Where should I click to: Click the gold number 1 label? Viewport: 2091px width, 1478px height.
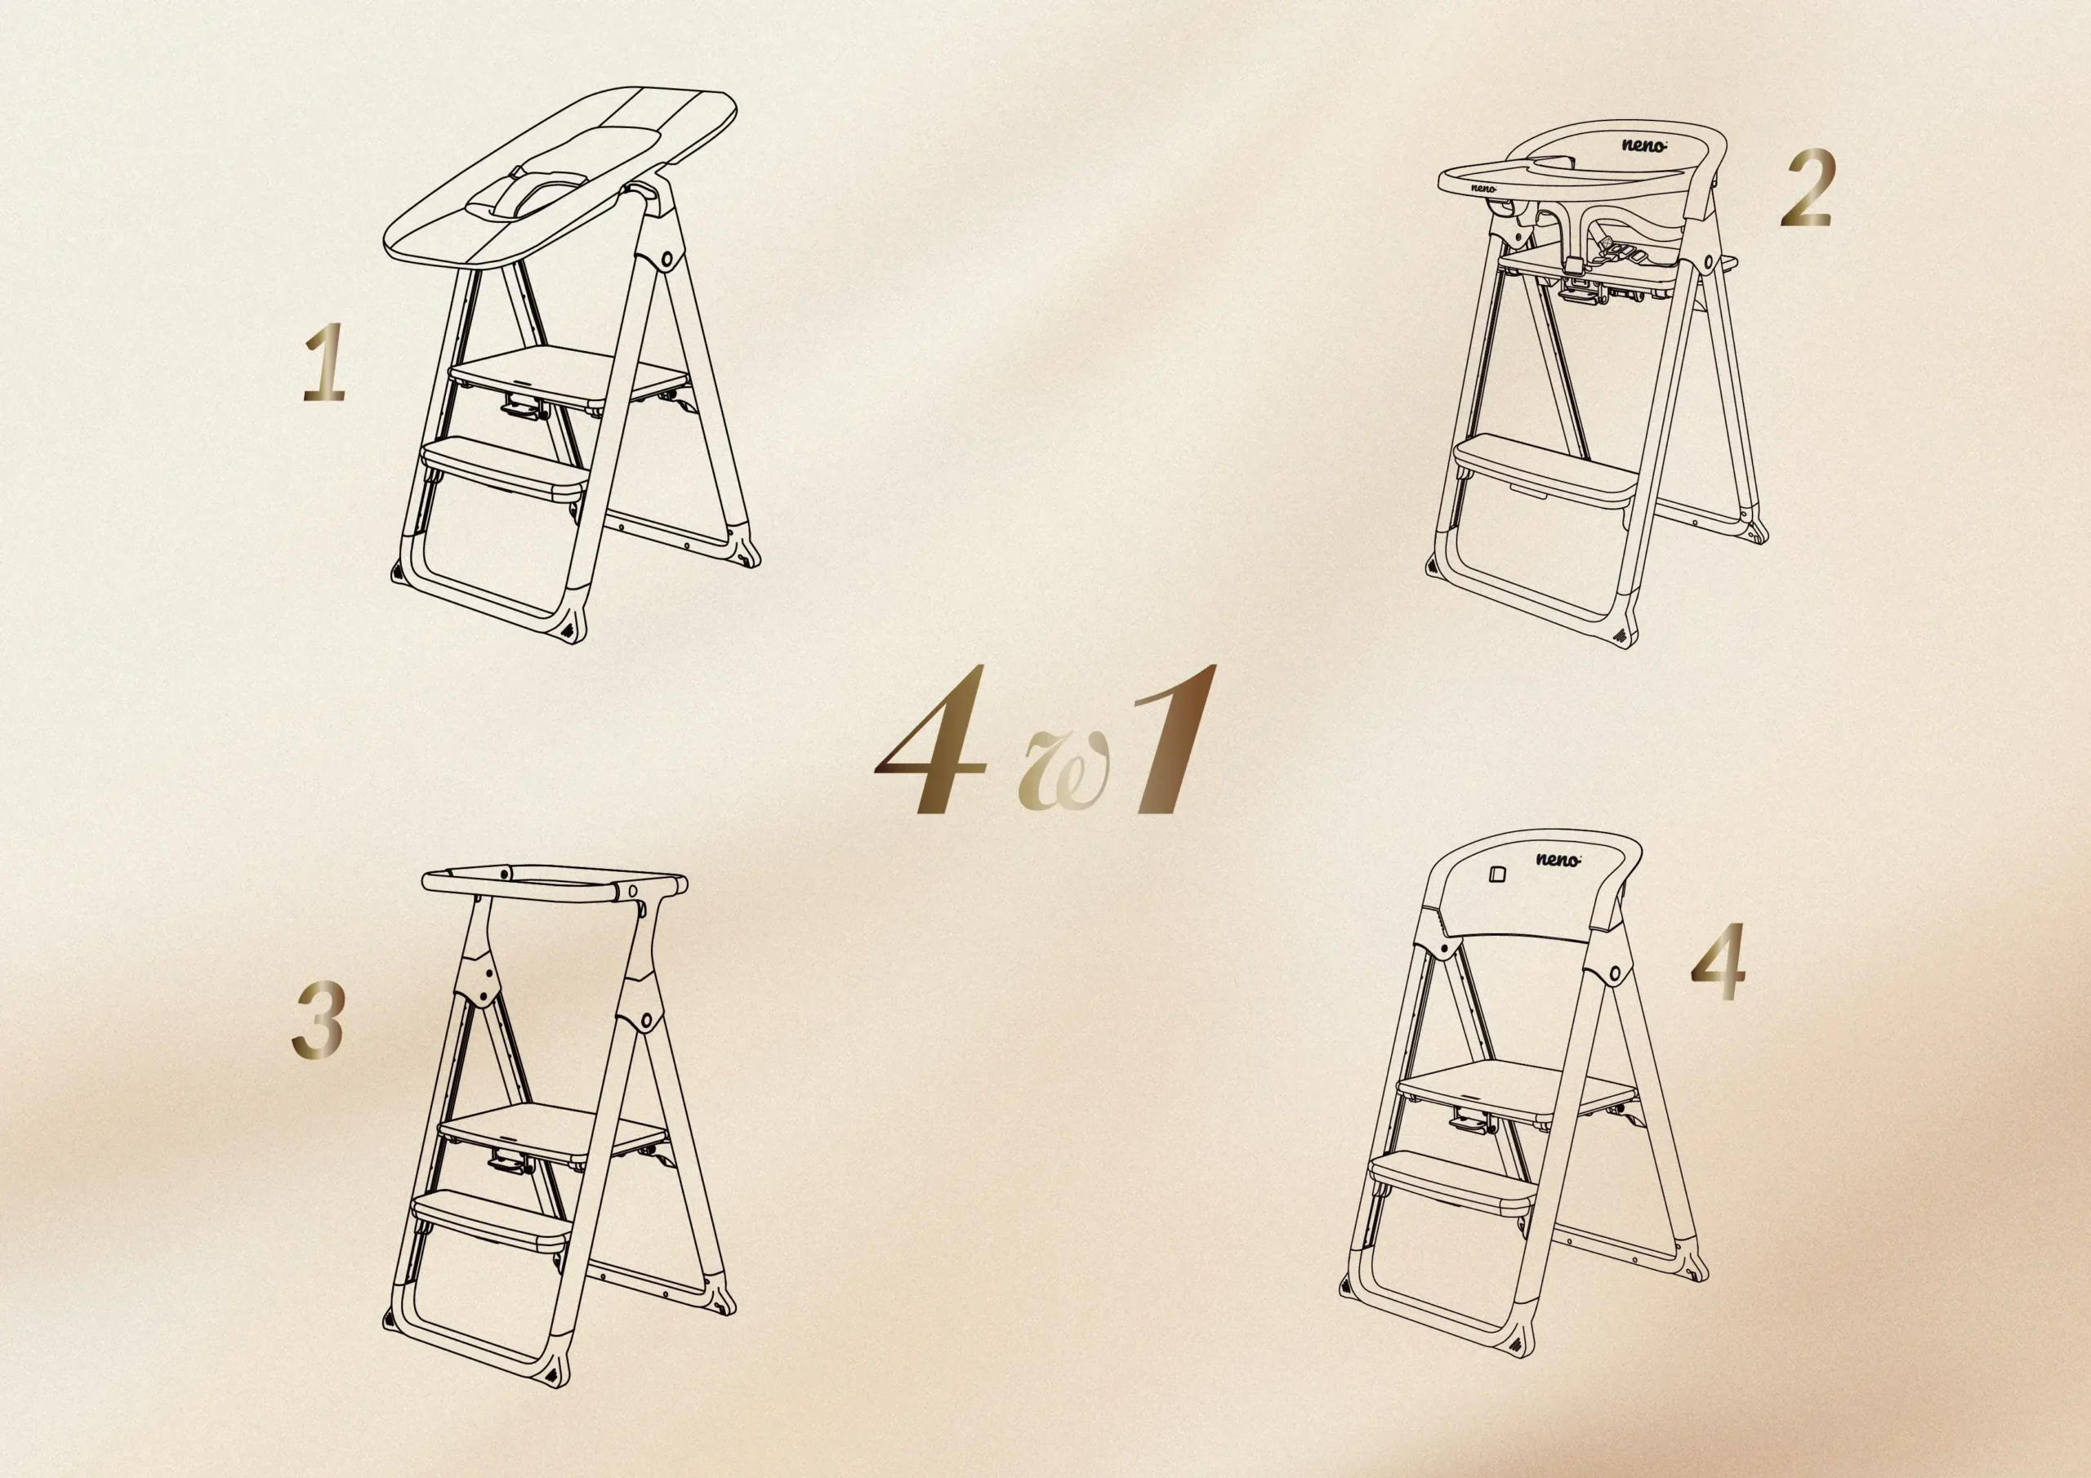coord(325,363)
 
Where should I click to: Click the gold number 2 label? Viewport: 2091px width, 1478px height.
coord(1807,189)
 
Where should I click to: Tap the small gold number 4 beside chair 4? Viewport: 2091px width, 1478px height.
coord(1718,962)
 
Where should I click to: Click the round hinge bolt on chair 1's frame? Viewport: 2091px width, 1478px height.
coord(668,260)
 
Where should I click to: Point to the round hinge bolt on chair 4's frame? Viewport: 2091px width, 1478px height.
coord(1616,973)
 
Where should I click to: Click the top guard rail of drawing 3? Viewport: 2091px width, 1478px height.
coord(555,883)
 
